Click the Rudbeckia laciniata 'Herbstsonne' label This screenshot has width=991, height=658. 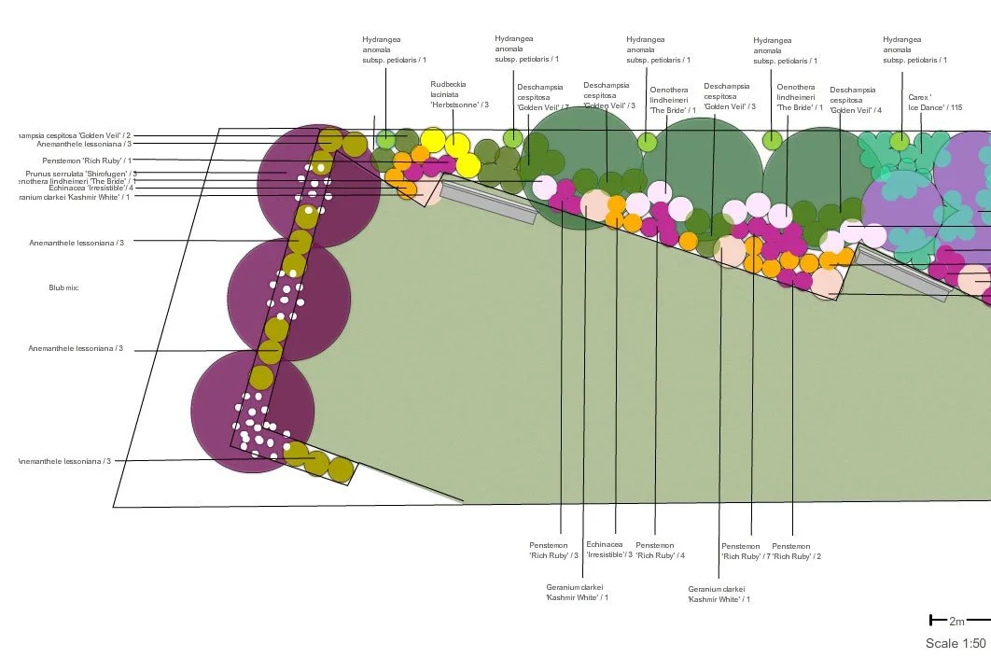pyautogui.click(x=459, y=93)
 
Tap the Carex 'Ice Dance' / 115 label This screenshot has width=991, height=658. pyautogui.click(x=928, y=102)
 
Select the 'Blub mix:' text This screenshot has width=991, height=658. pyautogui.click(x=63, y=287)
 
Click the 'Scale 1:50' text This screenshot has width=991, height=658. pyautogui.click(x=955, y=643)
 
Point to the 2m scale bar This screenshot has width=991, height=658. pyautogui.click(x=946, y=621)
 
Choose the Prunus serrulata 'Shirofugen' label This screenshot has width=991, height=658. pyautogui.click(x=82, y=174)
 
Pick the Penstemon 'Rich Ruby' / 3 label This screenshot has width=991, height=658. pyautogui.click(x=553, y=551)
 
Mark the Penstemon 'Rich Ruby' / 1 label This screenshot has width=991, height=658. pyautogui.click(x=86, y=161)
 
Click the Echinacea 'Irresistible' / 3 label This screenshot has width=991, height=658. pyautogui.click(x=609, y=550)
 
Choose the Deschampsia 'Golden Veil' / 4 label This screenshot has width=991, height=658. pyautogui.click(x=852, y=100)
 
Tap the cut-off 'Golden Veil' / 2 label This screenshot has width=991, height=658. pyautogui.click(x=75, y=136)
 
